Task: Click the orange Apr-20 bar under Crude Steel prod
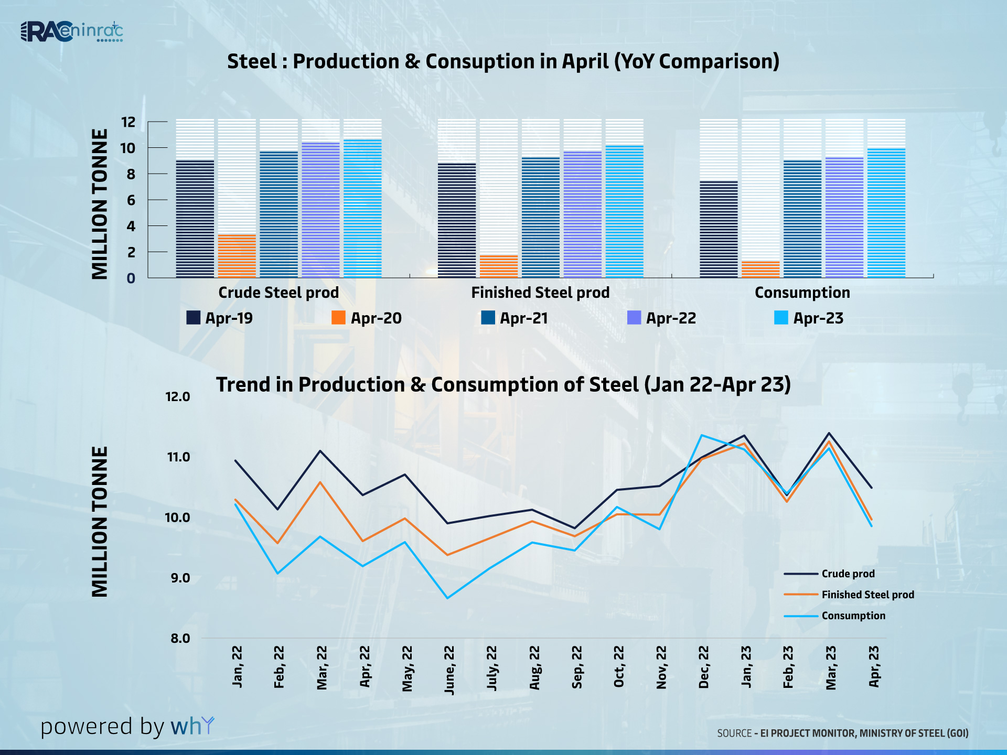pos(237,256)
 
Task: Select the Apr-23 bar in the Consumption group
pos(886,212)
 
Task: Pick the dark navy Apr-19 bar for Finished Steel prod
pos(457,220)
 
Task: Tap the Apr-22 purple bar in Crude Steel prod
pos(320,210)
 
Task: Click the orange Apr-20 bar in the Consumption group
pos(760,269)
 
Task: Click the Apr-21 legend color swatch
pos(488,318)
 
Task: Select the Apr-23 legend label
pos(818,318)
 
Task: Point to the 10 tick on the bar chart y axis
pos(128,148)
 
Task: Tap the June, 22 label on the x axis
pos(449,671)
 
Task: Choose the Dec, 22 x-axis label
pos(704,667)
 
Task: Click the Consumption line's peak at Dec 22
pos(702,435)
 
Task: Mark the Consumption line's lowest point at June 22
pos(447,598)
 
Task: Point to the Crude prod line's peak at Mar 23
pos(829,433)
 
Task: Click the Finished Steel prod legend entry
pos(867,595)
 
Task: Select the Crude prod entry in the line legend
pos(848,574)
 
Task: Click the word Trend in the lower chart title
pos(242,385)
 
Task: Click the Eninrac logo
pos(72,32)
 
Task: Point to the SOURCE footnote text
pos(842,733)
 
